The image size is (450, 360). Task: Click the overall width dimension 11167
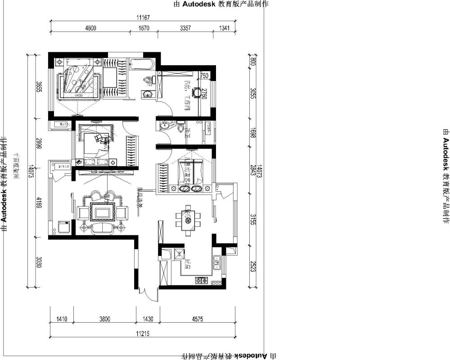[143, 18]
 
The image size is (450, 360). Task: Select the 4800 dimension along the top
[91, 28]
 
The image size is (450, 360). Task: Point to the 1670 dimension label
[144, 28]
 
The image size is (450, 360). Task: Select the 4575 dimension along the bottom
[198, 319]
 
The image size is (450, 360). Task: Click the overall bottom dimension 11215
[143, 333]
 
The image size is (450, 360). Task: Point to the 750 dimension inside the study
[204, 76]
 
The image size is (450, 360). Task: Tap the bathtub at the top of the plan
[141, 64]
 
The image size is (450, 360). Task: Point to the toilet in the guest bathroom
[180, 128]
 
